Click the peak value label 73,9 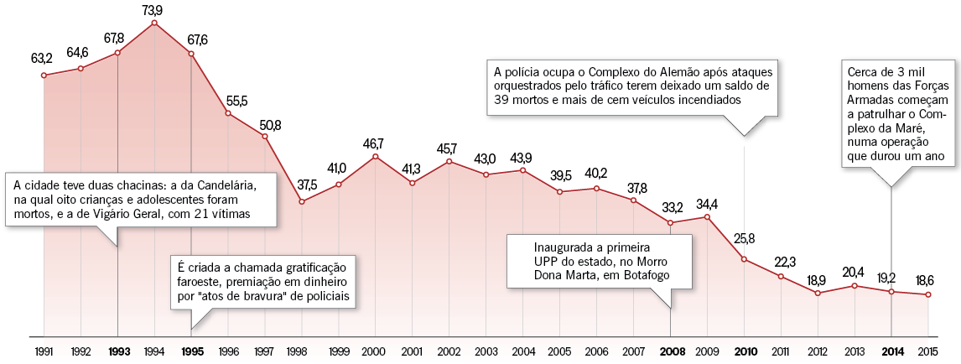coord(153,9)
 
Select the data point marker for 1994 coord(154,23)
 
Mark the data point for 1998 coord(302,201)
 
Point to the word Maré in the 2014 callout coord(907,128)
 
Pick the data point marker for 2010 coord(744,259)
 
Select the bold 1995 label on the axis coord(191,351)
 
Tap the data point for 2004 coord(522,170)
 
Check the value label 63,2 coord(42,60)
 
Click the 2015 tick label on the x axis coord(927,351)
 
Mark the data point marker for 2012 coord(818,293)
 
